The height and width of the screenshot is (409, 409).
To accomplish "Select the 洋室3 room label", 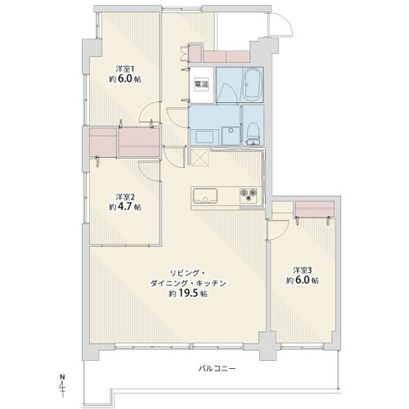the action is (303, 270).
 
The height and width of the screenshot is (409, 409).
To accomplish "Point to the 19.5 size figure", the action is (188, 294).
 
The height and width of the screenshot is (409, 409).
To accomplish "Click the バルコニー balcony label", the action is (217, 369).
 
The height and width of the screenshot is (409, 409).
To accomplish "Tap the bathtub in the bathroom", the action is (252, 84).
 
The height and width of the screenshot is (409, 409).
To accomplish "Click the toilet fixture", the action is (254, 133).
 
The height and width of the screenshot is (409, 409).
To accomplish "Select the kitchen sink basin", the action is (205, 196).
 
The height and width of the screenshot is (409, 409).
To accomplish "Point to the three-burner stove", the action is (248, 196).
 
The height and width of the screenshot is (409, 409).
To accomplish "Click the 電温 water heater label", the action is (201, 84).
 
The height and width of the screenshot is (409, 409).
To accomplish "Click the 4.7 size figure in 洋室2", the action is (125, 207).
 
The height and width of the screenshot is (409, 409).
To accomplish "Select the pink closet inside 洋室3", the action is (315, 209).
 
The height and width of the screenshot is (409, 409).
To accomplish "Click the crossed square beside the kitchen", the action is (200, 157).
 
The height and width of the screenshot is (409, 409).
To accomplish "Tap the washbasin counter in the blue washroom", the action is (204, 137).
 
